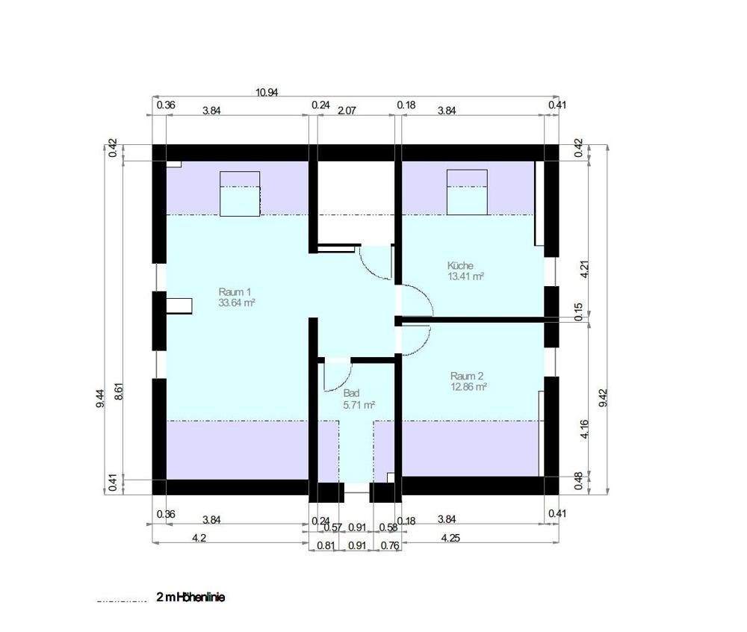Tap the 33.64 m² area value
click(x=238, y=303)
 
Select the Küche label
click(x=460, y=265)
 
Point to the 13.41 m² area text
click(x=466, y=276)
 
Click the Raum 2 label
click(x=468, y=376)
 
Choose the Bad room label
click(x=351, y=393)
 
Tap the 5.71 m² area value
click(x=359, y=404)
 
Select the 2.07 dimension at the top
click(x=347, y=110)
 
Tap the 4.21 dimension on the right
click(x=585, y=269)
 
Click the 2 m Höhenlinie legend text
click(x=190, y=598)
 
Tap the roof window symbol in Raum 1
click(x=240, y=193)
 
